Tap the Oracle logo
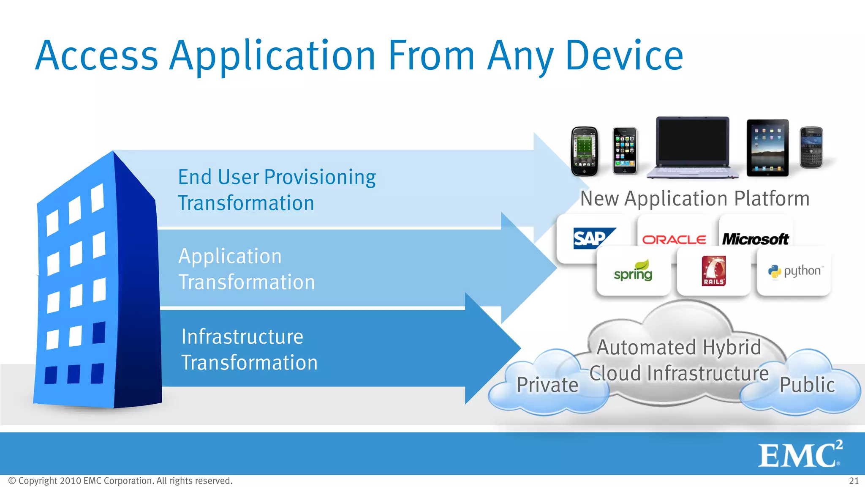[x=674, y=240]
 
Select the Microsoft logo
[x=755, y=239]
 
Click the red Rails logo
[x=713, y=271]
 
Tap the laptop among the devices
[x=693, y=148]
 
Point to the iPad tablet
[x=767, y=148]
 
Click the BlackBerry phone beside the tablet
[x=811, y=148]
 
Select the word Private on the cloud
[x=547, y=385]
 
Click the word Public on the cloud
[x=807, y=385]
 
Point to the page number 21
[x=854, y=481]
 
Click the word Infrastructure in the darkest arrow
[x=242, y=337]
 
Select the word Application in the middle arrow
[x=230, y=256]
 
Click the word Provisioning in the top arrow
[x=320, y=178]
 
